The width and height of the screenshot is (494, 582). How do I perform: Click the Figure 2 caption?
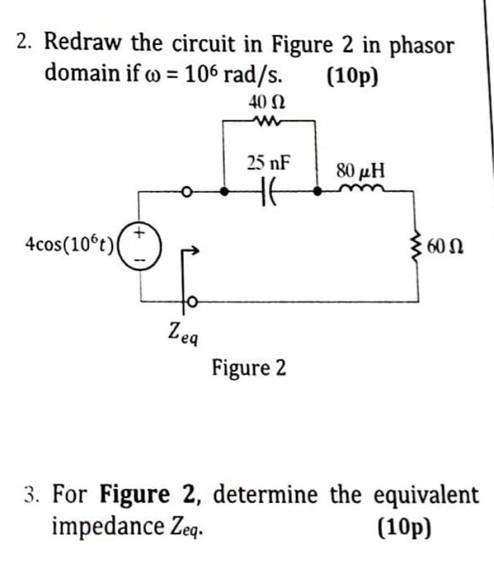pos(249,367)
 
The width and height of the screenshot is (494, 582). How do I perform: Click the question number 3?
pos(30,496)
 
